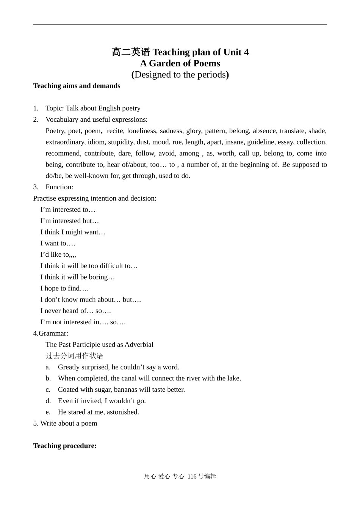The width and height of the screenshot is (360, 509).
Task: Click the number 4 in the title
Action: pyautogui.click(x=246, y=52)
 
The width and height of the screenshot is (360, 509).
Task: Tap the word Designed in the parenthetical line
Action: pyautogui.click(x=153, y=75)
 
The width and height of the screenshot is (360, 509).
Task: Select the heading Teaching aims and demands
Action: pyautogui.click(x=77, y=86)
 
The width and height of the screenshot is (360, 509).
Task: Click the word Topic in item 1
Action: pyautogui.click(x=54, y=108)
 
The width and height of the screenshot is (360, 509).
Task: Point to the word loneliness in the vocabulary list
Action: pyautogui.click(x=141, y=131)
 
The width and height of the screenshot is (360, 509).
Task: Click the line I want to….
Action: pyautogui.click(x=58, y=244)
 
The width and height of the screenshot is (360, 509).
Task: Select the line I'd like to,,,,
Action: pyautogui.click(x=58, y=254)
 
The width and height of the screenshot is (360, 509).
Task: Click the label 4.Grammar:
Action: pyautogui.click(x=51, y=333)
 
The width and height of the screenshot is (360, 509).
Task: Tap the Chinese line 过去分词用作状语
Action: pyautogui.click(x=74, y=356)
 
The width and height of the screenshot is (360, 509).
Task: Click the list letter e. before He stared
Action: pyautogui.click(x=48, y=412)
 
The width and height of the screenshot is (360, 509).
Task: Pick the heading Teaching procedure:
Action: pyautogui.click(x=65, y=446)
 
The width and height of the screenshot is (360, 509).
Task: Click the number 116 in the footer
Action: pyautogui.click(x=192, y=477)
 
